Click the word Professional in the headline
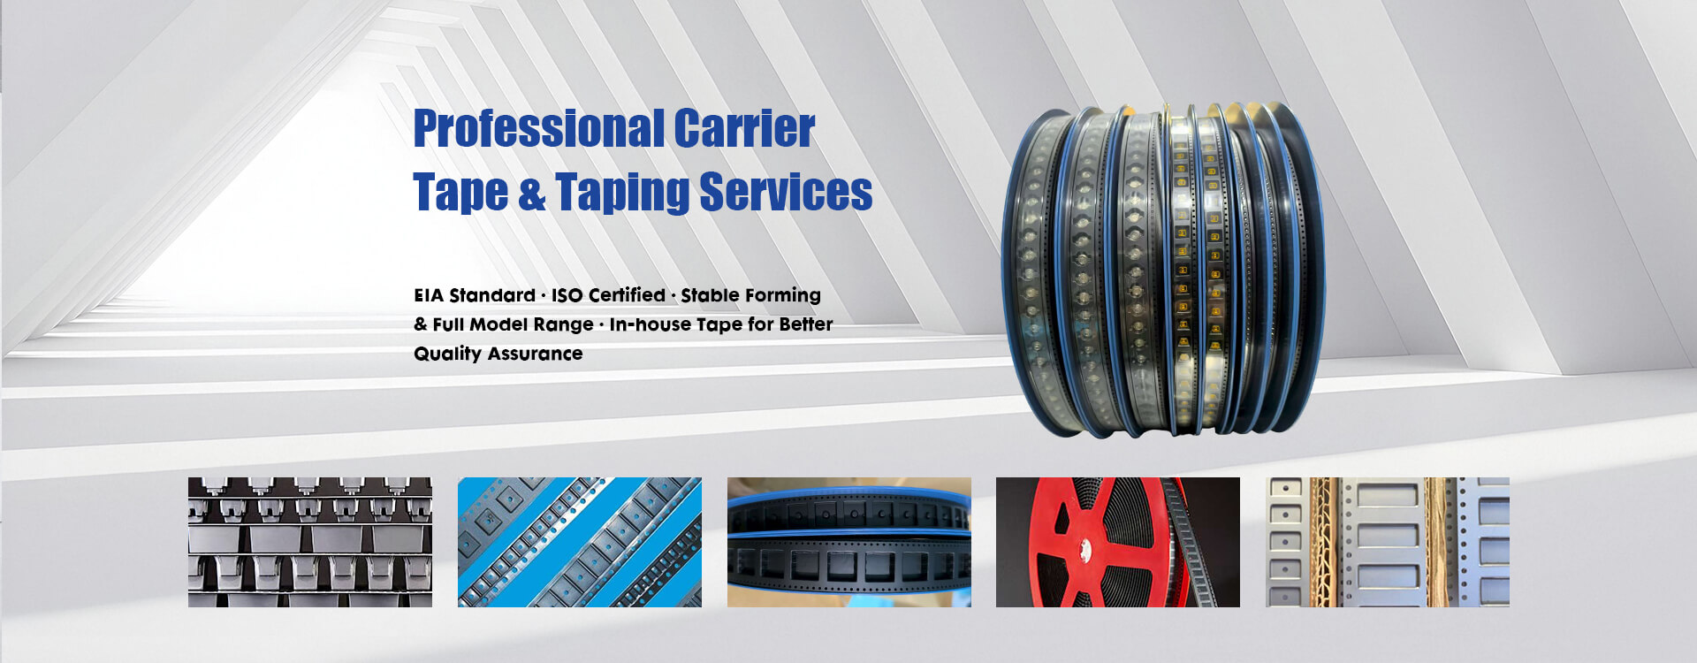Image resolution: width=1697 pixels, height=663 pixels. click(538, 129)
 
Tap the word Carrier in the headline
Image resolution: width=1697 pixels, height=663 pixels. click(744, 129)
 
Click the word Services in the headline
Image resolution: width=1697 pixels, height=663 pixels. click(786, 192)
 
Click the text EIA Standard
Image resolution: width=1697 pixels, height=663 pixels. click(475, 295)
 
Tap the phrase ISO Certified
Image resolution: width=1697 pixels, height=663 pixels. click(608, 295)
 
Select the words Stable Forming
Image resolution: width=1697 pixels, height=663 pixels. click(750, 295)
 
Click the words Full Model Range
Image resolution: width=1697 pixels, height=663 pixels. click(513, 324)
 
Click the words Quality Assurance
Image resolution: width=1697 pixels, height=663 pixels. click(498, 354)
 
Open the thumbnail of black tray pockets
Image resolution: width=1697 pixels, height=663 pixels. click(310, 542)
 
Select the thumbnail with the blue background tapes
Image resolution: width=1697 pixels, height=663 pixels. click(580, 542)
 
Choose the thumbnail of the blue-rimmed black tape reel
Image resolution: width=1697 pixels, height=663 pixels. click(849, 542)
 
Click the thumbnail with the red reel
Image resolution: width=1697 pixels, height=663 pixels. click(1118, 542)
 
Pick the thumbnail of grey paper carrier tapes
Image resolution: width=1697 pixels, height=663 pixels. click(1388, 542)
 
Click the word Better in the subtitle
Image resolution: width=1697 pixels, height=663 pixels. click(806, 324)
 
